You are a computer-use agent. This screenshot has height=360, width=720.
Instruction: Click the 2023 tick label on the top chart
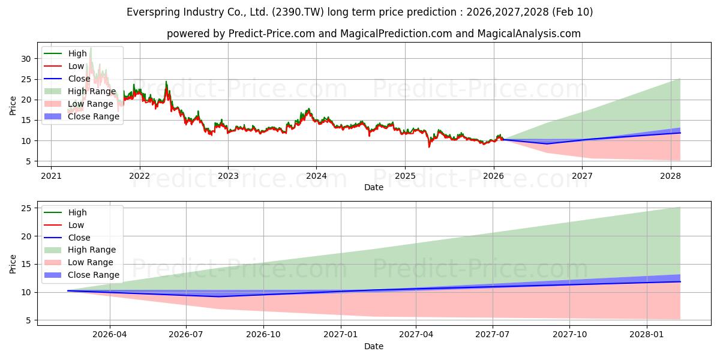click(x=228, y=176)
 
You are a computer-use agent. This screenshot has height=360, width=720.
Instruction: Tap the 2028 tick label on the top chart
click(x=670, y=176)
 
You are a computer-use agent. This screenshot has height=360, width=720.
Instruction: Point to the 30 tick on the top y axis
click(x=25, y=59)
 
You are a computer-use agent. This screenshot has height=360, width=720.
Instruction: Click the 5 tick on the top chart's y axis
click(x=28, y=161)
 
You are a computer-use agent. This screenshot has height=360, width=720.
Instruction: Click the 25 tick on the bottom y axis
click(x=25, y=208)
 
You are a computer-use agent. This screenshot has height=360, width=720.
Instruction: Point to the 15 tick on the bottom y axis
click(x=25, y=264)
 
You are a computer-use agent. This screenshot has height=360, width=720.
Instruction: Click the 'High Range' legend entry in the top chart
click(x=92, y=91)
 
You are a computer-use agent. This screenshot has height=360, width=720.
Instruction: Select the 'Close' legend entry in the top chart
click(x=80, y=79)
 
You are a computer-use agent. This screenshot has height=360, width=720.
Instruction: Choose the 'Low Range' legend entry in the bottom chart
click(x=90, y=262)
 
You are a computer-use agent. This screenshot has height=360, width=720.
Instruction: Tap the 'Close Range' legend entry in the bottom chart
click(x=94, y=275)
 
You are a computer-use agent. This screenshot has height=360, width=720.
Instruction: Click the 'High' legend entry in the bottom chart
click(x=77, y=212)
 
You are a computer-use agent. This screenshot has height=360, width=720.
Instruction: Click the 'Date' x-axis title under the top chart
click(x=373, y=187)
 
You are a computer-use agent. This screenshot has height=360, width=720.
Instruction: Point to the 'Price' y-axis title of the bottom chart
click(x=13, y=263)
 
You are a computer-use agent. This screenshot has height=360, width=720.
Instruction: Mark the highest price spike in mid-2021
click(x=91, y=47)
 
